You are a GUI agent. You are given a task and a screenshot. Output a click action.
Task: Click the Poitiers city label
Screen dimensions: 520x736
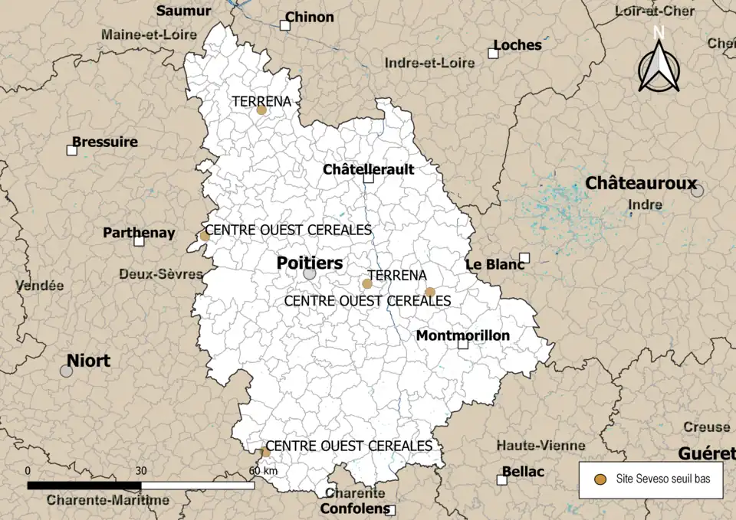coord(310,263)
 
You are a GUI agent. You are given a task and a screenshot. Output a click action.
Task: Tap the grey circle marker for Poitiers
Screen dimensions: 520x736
coord(309,273)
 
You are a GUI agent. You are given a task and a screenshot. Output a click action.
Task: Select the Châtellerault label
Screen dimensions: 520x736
coord(368,168)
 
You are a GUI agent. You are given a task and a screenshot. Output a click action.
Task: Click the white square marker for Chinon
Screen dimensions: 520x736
coord(284,25)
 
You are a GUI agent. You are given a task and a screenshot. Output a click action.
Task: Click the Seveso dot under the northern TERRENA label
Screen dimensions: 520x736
coord(261,110)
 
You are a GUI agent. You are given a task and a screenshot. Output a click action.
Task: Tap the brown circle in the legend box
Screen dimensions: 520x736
coord(601,479)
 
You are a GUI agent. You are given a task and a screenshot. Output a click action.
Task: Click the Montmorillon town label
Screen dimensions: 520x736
coord(462,335)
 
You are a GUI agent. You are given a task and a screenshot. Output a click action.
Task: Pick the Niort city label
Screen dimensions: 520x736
coord(88,360)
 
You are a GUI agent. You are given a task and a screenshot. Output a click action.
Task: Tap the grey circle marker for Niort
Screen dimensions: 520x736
coord(67,371)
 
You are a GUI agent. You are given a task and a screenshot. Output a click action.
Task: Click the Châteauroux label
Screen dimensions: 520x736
coord(641,183)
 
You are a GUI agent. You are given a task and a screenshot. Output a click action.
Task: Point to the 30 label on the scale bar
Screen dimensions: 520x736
coord(140,470)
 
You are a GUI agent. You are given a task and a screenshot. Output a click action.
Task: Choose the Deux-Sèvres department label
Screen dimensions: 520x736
coord(160,273)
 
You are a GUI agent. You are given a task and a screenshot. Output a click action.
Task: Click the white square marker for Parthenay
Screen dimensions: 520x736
coord(139,240)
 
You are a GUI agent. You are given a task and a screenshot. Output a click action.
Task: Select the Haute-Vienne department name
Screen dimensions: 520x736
coord(540,445)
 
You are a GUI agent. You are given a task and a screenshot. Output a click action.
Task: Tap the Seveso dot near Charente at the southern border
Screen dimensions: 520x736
coord(264,452)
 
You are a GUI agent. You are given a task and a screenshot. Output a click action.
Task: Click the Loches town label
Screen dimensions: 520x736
coord(517,44)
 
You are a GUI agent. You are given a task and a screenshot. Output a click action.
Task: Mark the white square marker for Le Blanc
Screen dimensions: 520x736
coord(524,257)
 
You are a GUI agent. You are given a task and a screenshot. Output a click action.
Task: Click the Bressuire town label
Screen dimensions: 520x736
coord(105,142)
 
